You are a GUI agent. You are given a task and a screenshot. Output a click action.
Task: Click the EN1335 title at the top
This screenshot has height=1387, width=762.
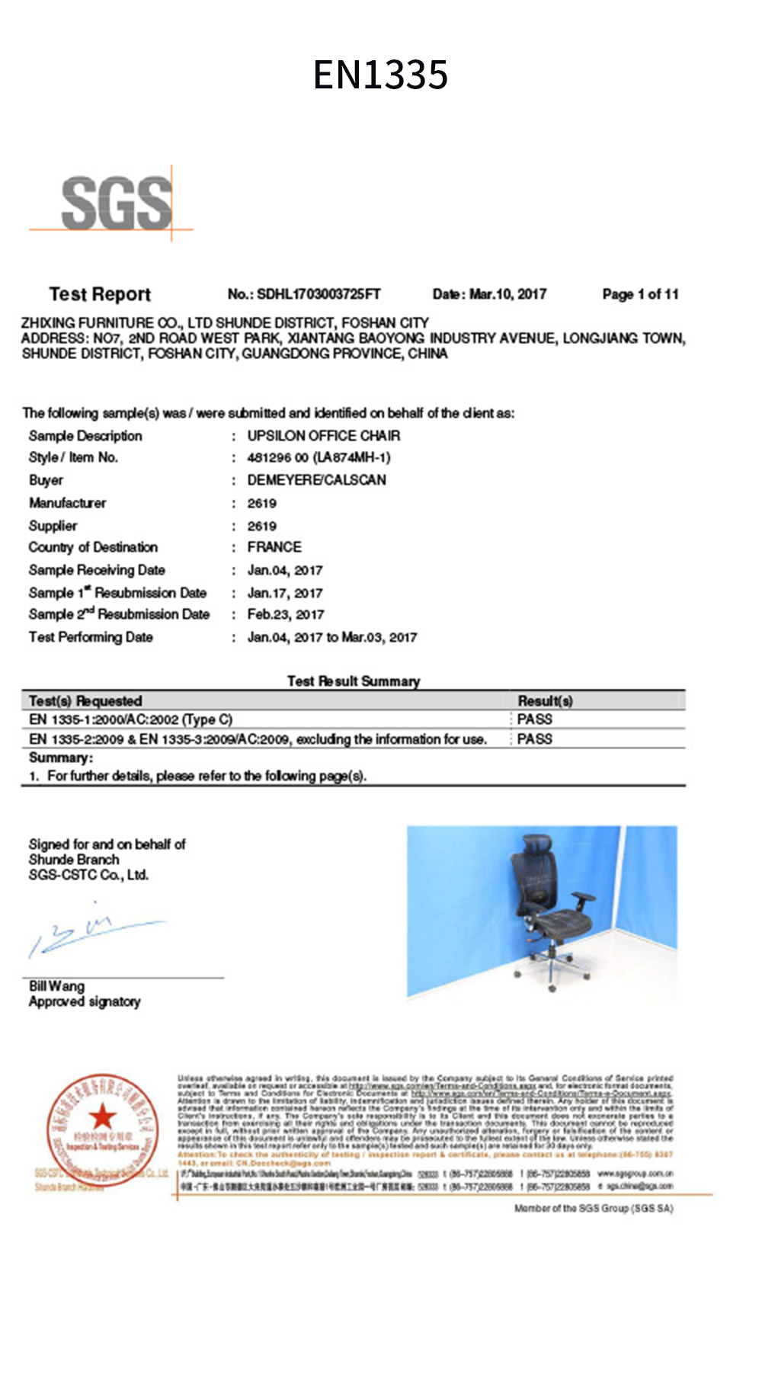(380, 75)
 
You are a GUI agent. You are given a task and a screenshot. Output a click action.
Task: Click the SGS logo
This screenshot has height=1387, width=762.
(116, 203)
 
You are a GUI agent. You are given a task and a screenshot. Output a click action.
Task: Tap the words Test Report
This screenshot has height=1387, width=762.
(100, 294)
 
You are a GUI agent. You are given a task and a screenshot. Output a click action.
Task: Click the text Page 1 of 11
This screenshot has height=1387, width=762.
(640, 294)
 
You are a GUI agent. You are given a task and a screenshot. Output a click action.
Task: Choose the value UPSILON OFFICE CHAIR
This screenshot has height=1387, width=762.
(323, 436)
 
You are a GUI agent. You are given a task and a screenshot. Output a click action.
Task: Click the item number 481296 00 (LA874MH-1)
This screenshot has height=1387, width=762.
(319, 457)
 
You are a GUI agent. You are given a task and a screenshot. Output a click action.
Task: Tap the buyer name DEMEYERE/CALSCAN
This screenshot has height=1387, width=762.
(316, 480)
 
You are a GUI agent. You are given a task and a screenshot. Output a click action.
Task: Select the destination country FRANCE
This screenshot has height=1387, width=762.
(274, 547)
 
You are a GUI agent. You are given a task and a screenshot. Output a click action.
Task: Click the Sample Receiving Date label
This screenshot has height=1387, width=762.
(97, 570)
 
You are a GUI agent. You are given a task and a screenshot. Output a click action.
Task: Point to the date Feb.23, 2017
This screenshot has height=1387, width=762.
(285, 614)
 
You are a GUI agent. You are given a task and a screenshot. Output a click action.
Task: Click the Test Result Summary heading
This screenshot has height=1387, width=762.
(354, 681)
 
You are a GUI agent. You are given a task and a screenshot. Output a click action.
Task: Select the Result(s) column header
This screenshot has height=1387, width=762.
(545, 700)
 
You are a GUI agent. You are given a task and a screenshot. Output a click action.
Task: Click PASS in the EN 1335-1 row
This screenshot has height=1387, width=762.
(534, 719)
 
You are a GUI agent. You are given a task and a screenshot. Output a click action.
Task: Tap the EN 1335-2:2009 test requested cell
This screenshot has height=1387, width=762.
(258, 739)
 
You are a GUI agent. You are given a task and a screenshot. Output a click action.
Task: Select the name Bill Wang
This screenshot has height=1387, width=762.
(56, 986)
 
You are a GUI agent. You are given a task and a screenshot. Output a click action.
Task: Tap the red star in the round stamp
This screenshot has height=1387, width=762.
(102, 1117)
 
